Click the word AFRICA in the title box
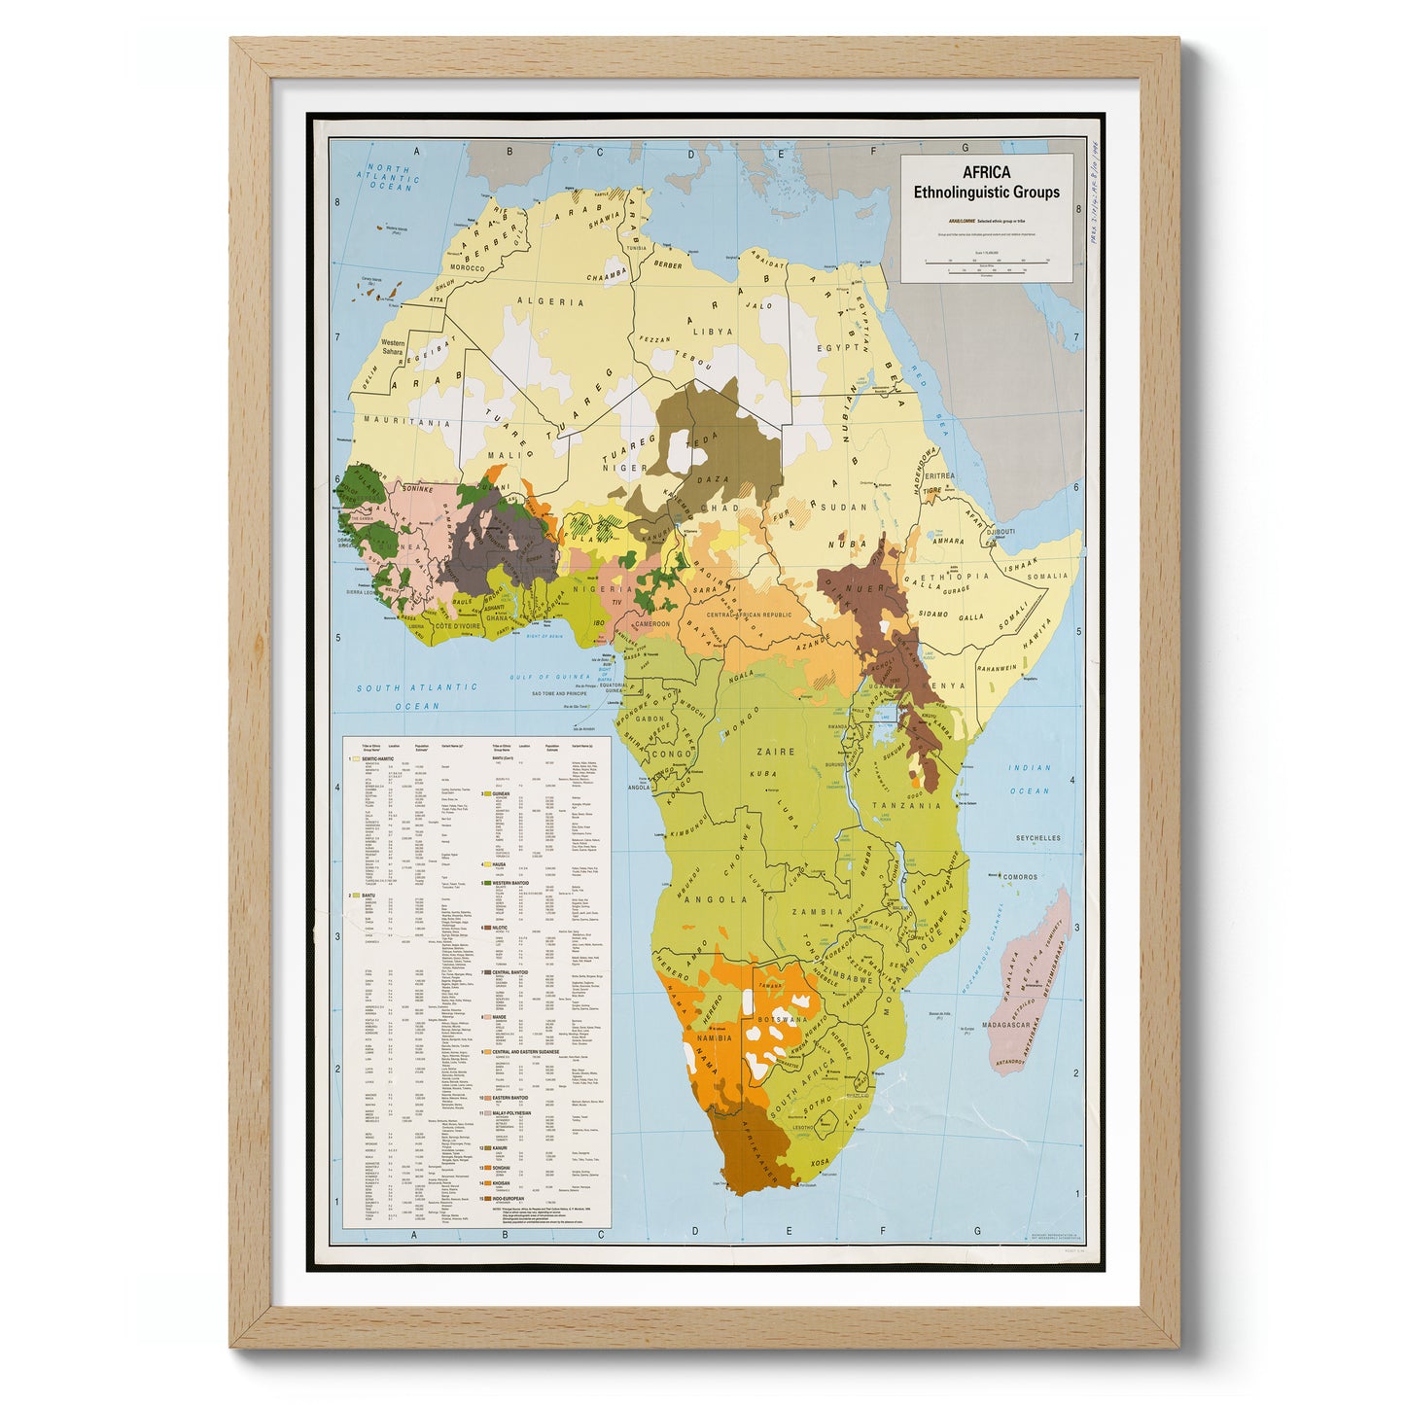pos(986,173)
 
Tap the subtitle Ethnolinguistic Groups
pos(986,193)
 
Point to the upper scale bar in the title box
pos(986,262)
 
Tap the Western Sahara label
pos(393,348)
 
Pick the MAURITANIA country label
pos(406,422)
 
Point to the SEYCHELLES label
pos(1037,838)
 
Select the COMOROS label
pos(1020,877)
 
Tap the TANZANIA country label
pos(906,805)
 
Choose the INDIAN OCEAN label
pos(1030,779)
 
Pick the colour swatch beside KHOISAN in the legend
pos(483,1183)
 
